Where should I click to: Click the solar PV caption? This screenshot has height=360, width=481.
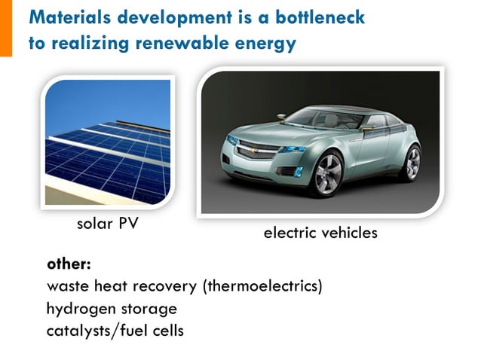tap(107, 224)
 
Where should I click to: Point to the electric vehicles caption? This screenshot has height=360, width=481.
tap(320, 233)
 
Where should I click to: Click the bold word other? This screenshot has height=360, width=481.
tap(69, 265)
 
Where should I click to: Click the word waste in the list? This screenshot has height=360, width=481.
tap(66, 287)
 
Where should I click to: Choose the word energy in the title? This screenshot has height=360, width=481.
tap(268, 43)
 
